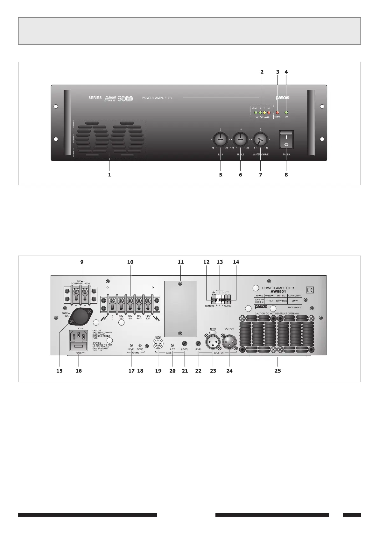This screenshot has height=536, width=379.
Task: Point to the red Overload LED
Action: coord(277,113)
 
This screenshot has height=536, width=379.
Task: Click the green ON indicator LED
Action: coord(286,113)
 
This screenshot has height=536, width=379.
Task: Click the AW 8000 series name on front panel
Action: coord(118,99)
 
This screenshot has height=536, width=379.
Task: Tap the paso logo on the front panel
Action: coord(282,98)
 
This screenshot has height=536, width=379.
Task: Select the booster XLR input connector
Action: coord(213,343)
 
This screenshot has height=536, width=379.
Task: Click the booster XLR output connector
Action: coord(229,343)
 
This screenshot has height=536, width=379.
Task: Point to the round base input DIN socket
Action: coord(158,344)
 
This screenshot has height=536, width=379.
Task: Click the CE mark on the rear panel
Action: coord(310,290)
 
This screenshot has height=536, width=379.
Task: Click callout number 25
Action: coord(277,371)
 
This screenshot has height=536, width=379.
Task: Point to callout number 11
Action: coord(180,262)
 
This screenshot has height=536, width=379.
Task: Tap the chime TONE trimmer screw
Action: coord(140,345)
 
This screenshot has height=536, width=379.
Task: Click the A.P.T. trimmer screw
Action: coord(172,345)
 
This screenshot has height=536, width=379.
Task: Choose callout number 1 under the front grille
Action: coord(109,175)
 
